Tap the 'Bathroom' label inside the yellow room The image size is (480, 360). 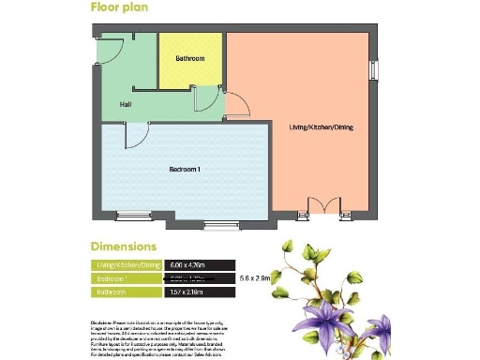pos(189,59)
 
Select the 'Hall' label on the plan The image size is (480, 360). pos(125,104)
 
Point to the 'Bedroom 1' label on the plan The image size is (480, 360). pos(185,170)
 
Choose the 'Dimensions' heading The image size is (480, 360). pos(123,247)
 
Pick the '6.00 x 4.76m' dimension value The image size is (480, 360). pos(187,265)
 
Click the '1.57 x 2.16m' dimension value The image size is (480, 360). pos(187,292)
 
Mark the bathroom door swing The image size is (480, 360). pos(202,97)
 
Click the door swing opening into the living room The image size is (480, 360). pos(239,105)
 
